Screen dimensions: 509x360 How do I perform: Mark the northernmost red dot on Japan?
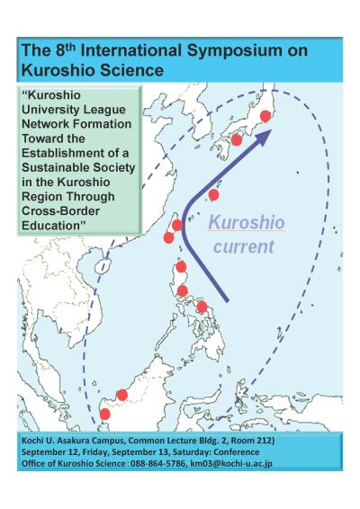tap(265, 116)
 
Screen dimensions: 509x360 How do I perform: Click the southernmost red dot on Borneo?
tap(104, 414)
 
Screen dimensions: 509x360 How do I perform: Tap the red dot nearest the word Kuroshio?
tap(213, 194)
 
